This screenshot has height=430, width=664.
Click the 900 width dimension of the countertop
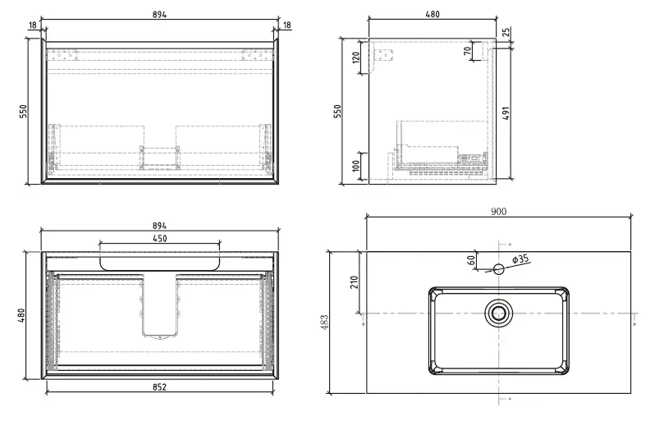tap(498, 211)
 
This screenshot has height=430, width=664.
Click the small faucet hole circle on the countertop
tap(498, 268)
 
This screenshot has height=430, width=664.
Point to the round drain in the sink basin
tap(498, 312)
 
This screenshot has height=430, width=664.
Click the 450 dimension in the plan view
tap(160, 238)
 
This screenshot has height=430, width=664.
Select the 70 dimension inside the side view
tap(468, 52)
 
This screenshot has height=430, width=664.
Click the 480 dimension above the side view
tap(433, 15)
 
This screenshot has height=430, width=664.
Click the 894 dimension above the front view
tap(161, 15)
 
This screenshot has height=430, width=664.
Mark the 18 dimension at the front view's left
tap(32, 25)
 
